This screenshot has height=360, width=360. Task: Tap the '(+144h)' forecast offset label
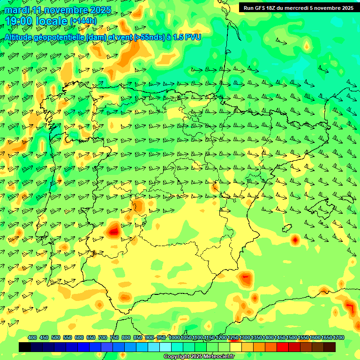(x=83, y=21)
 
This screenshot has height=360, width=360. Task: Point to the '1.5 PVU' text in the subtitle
(x=187, y=37)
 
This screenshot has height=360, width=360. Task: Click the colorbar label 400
(x=32, y=337)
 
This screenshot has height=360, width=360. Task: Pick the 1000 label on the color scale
(x=174, y=337)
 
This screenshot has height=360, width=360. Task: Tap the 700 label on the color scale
(x=103, y=337)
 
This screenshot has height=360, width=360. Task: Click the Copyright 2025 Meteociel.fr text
(x=198, y=356)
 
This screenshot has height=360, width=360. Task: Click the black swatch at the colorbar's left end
(x=25, y=347)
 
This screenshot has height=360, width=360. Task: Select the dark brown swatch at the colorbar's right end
(x=330, y=347)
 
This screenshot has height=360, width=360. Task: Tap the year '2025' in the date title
(x=100, y=10)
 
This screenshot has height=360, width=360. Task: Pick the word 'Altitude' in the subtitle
(x=19, y=37)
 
